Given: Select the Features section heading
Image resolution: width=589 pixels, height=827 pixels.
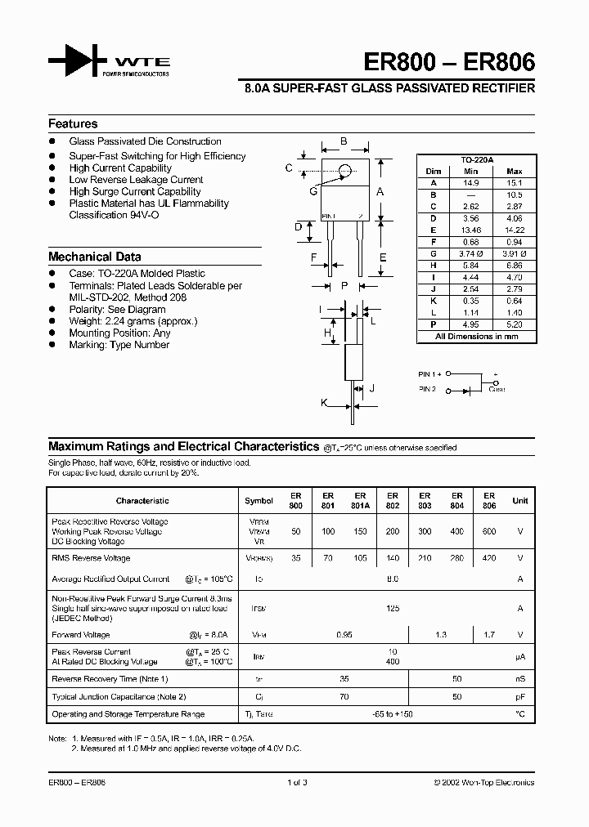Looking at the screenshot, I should pos(73,124).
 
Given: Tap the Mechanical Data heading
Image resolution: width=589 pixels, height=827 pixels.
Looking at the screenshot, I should pos(94,257).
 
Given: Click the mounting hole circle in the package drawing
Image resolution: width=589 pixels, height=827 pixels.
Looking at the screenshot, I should pos(345,171).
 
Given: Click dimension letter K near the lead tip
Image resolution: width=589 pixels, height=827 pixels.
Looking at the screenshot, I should pos(324,403).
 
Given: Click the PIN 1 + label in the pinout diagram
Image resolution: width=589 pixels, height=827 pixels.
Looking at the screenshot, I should pos(429,373).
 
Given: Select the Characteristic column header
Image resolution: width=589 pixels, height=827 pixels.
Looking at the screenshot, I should pos(142,501).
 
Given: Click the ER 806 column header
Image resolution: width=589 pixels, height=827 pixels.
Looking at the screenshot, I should pos(488,501).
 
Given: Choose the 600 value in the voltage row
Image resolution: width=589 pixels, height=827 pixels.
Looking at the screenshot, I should pos(488,532).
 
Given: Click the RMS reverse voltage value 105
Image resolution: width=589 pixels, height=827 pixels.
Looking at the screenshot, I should pos(360,559).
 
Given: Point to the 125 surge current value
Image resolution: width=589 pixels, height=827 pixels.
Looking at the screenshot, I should pos(392,609).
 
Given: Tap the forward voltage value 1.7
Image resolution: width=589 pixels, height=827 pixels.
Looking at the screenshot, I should pos(488,635).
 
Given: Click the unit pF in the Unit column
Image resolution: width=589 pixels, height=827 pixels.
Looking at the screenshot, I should pos(519,697).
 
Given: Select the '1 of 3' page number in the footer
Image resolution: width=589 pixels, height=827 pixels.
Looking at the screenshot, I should pos(298,783).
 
